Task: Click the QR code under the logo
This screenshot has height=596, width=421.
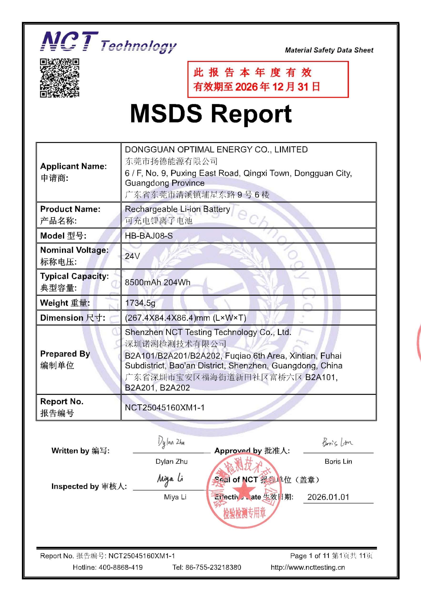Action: click(x=59, y=78)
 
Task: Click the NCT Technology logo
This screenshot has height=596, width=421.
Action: click(x=108, y=42)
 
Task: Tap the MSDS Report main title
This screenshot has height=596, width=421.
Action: click(x=211, y=114)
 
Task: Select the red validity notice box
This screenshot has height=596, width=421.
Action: click(x=268, y=79)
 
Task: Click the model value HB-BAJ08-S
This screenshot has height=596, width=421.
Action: click(x=149, y=236)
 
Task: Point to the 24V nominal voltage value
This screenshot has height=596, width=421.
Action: click(x=132, y=256)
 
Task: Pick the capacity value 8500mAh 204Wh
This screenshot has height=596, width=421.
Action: click(x=157, y=282)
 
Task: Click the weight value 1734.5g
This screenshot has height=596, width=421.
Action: click(x=140, y=303)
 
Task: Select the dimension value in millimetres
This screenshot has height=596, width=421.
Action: click(x=185, y=318)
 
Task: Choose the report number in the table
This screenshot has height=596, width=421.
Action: click(x=164, y=407)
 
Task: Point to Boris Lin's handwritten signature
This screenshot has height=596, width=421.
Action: click(x=337, y=442)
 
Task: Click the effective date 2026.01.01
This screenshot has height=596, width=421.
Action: click(x=328, y=497)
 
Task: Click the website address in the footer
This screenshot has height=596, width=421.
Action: click(x=308, y=567)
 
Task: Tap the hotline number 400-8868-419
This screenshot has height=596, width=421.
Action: click(x=120, y=567)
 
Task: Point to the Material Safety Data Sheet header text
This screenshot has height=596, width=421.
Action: click(x=329, y=50)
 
